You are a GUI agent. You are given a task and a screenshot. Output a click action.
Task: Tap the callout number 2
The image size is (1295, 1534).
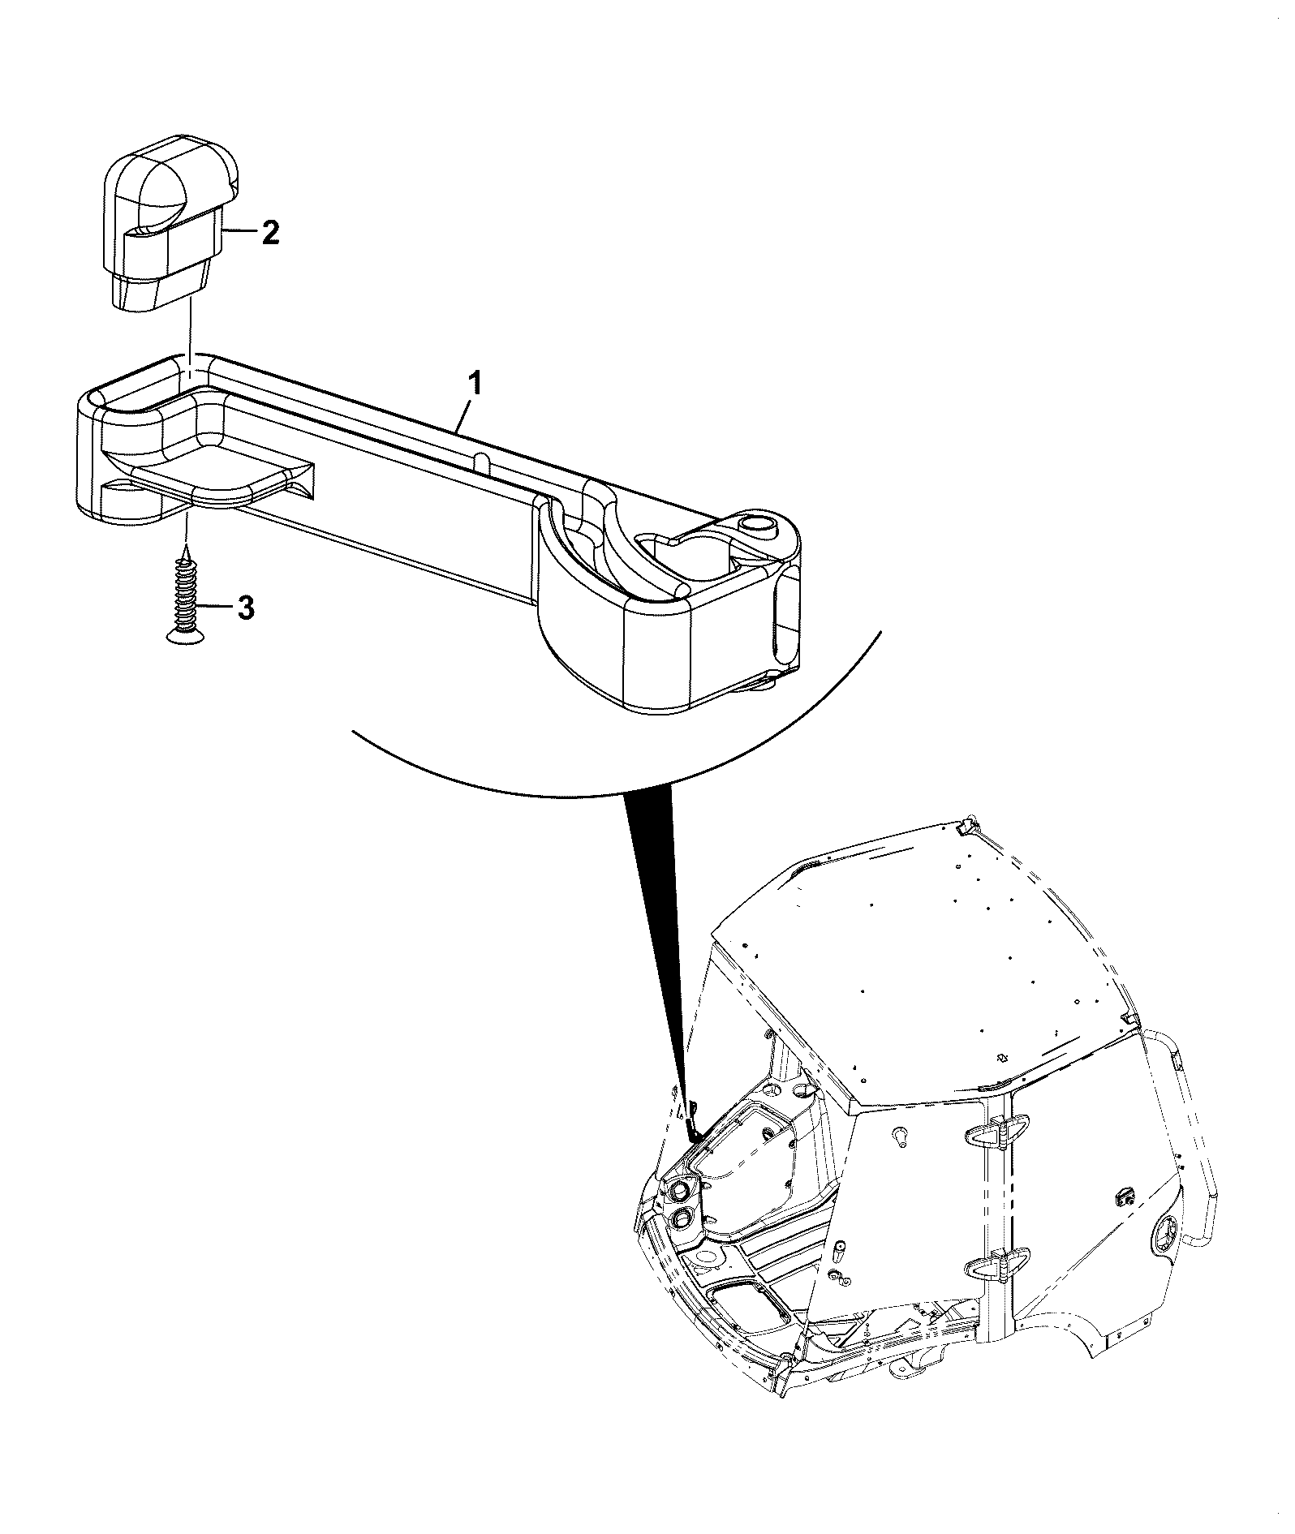coord(269,233)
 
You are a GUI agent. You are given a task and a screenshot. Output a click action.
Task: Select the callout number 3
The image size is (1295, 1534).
coord(245,608)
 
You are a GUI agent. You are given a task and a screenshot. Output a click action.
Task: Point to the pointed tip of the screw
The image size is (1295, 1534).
coord(187,548)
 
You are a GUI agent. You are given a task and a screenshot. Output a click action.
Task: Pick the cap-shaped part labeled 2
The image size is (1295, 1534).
coord(170,222)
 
